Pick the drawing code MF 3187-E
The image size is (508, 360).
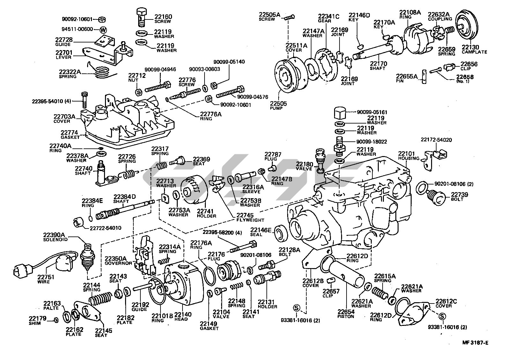[x=475, y=343]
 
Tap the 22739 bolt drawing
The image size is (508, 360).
[x=435, y=195]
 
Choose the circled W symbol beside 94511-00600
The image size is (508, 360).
[x=103, y=30]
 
